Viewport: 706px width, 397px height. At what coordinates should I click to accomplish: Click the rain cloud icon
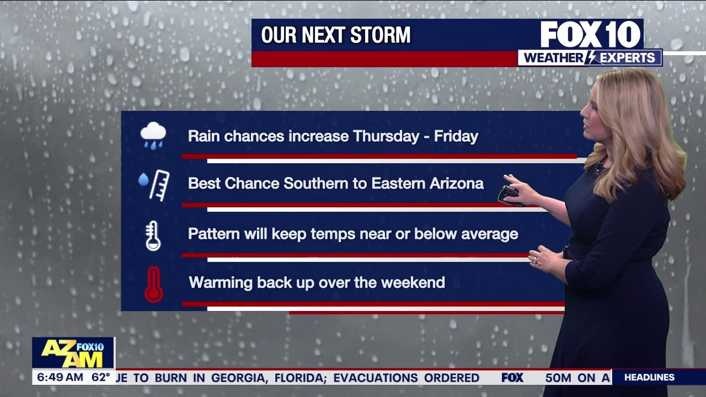(x=153, y=136)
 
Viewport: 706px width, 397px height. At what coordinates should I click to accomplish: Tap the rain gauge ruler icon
(x=154, y=185)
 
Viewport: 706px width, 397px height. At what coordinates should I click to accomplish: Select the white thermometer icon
(x=153, y=235)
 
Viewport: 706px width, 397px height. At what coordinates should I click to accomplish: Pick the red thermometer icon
(x=154, y=285)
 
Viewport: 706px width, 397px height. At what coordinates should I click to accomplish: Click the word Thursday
(x=386, y=136)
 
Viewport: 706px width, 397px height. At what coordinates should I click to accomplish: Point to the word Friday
(x=456, y=136)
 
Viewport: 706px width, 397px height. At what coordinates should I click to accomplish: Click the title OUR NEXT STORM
(x=336, y=35)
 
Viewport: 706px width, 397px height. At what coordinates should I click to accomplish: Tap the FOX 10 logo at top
(x=590, y=34)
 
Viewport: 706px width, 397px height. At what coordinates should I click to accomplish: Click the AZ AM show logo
(x=73, y=353)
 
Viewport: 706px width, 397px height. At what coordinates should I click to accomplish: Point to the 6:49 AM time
(x=60, y=377)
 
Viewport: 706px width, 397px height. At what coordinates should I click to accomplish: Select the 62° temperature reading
(x=100, y=377)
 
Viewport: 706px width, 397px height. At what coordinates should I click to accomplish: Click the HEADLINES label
(x=649, y=377)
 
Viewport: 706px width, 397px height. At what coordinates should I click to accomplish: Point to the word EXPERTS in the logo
(x=627, y=58)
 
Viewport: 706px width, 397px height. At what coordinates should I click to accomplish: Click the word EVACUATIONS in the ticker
(x=375, y=378)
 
